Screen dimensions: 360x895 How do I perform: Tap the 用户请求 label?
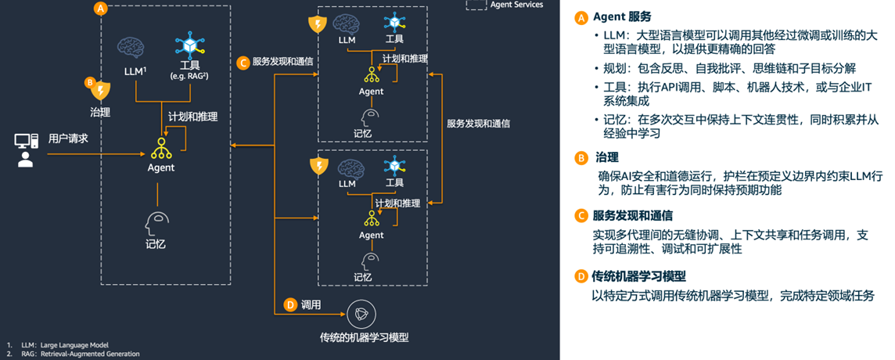[x=68, y=139]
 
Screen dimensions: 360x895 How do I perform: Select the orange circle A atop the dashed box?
[x=99, y=9]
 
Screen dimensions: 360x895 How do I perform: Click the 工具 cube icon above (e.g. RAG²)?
[x=189, y=45]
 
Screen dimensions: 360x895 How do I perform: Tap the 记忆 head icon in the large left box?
[x=156, y=222]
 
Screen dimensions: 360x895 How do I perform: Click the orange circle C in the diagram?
[x=243, y=62]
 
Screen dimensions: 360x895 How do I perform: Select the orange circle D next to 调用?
[x=290, y=304]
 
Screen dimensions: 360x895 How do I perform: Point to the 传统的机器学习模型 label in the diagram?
[x=364, y=337]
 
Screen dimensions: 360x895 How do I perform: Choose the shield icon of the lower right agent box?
[x=318, y=166]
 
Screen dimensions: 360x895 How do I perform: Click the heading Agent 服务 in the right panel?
[x=621, y=16]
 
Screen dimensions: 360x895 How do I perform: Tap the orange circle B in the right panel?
[x=580, y=157]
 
